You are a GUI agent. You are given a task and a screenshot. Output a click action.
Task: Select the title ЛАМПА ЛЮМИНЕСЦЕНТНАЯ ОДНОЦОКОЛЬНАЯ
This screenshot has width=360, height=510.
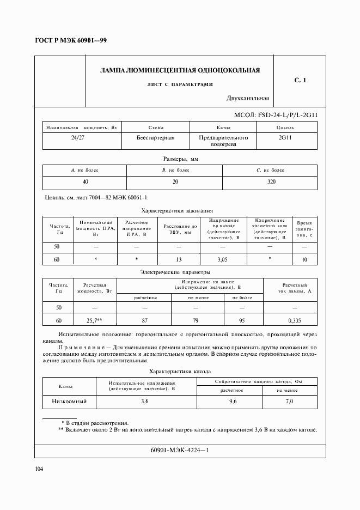tap(180, 70)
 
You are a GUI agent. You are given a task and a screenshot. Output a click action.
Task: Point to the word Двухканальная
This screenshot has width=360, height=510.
tap(248, 99)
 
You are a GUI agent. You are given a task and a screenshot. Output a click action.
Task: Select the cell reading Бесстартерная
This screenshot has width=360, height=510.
tap(155, 138)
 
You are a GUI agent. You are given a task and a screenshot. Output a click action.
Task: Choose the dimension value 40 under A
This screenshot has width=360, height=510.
tap(85, 181)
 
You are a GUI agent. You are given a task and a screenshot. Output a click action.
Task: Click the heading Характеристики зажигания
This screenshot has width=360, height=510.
tap(177, 210)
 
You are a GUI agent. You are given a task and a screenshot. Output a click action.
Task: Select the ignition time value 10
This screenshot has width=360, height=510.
tap(304, 260)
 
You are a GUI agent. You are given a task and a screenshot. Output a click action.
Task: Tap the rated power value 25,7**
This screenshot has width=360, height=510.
tap(97, 321)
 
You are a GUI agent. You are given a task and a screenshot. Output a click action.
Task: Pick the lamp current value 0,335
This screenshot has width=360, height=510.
tap(295, 321)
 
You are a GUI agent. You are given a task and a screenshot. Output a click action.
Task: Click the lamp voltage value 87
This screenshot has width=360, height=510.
tap(144, 321)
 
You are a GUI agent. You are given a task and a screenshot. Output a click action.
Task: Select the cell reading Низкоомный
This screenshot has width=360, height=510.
tap(69, 402)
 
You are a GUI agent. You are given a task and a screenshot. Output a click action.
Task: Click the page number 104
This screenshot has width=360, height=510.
tap(39, 469)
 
